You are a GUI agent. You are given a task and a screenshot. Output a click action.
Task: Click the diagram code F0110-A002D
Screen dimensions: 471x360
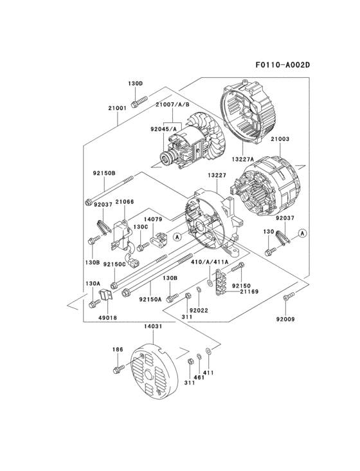[282, 65]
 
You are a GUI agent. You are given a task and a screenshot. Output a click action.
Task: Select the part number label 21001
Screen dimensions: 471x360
[117, 108]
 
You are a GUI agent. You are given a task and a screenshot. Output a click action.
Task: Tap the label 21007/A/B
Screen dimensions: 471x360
[172, 105]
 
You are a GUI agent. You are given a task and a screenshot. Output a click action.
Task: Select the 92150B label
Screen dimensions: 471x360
[104, 173]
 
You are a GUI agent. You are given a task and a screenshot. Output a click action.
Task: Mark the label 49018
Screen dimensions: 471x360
[108, 318]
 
